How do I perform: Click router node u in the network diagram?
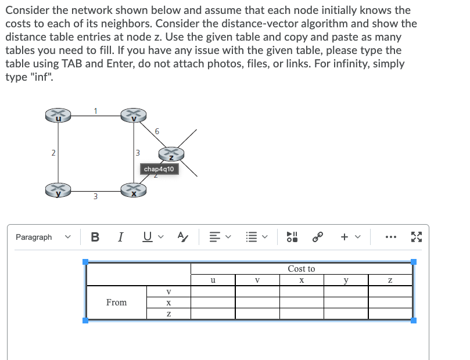tap(58, 115)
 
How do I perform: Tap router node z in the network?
tap(172, 154)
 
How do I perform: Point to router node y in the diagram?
tap(58, 190)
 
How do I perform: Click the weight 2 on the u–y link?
tap(53, 153)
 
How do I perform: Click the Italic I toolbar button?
tap(120, 237)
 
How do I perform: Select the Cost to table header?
tap(301, 269)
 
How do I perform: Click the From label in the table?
tap(116, 303)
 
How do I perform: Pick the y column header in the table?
tap(346, 280)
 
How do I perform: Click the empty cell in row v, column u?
tap(213, 291)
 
